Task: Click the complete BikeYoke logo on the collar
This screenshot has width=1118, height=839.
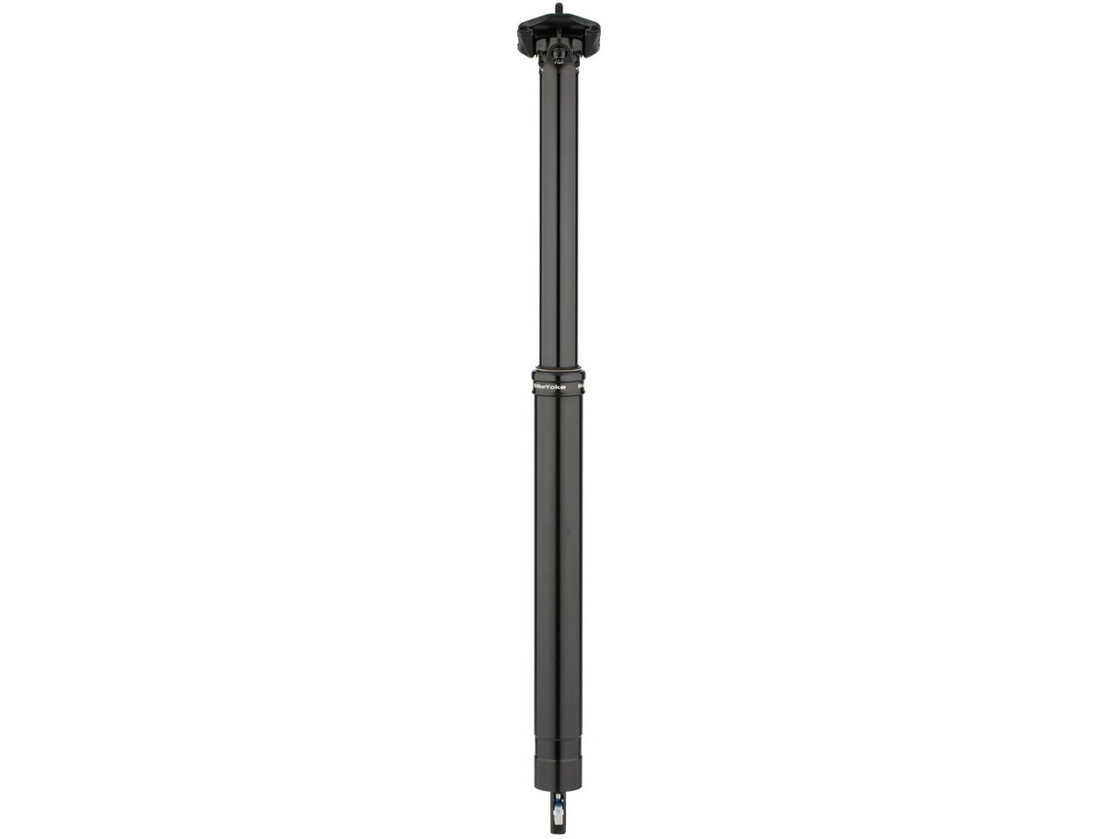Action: tap(550, 385)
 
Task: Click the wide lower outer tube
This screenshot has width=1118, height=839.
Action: tap(559, 568)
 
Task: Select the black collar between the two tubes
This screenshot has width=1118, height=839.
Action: tap(559, 382)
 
